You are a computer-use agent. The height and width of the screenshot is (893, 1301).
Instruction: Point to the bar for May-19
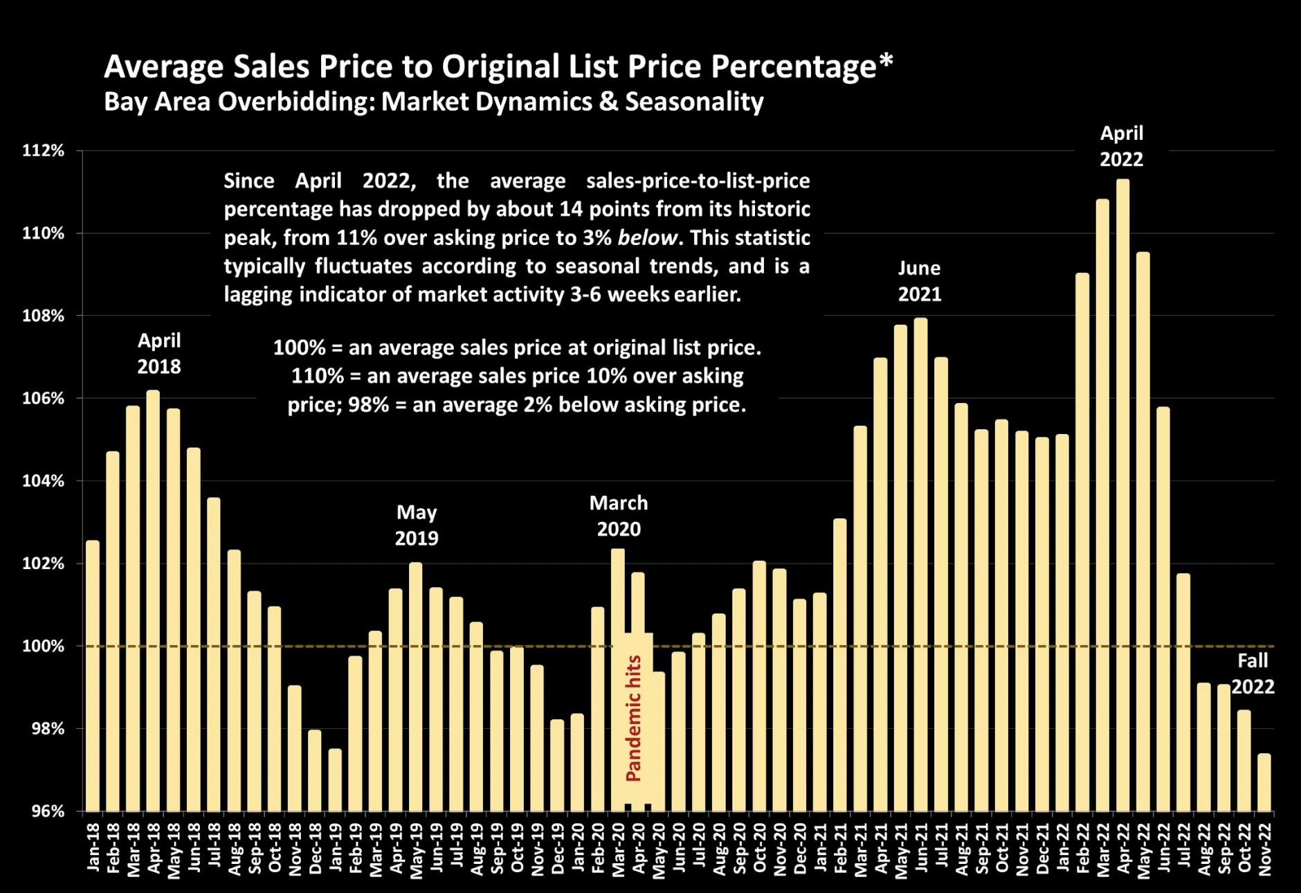pos(416,686)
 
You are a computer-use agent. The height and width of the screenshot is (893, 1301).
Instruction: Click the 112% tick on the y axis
pos(43,151)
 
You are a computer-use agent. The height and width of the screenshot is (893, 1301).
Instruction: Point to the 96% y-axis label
pos(47,811)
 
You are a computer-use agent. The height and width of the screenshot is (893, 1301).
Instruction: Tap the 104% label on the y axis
pos(43,481)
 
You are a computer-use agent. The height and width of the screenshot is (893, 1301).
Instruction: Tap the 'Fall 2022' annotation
pos(1253,674)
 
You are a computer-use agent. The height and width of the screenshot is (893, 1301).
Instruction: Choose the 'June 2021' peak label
pos(920,281)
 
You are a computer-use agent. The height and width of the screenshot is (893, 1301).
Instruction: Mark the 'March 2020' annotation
pos(619,516)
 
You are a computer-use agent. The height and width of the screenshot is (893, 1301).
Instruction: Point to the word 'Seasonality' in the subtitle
pos(694,102)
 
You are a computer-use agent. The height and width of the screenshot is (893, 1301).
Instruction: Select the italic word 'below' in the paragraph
pos(647,237)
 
